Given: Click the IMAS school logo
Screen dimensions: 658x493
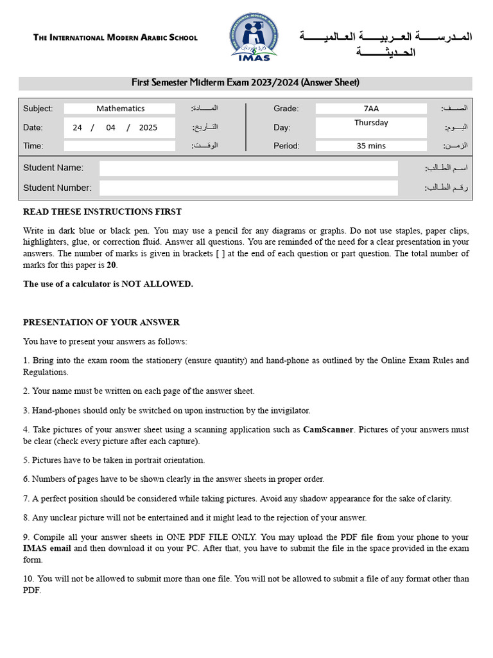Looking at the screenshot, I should click(x=254, y=37).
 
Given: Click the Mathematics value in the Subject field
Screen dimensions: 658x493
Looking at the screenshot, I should click(x=120, y=109).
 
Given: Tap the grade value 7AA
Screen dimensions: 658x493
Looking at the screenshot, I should click(x=371, y=109).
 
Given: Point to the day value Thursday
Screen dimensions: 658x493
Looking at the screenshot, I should click(x=371, y=123).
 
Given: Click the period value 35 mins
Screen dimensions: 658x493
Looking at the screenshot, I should click(x=371, y=146).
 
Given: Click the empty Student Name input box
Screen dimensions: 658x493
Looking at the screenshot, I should click(x=248, y=168).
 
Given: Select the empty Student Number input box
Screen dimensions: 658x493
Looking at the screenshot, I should click(x=248, y=188).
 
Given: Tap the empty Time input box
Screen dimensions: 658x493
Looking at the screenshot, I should click(x=119, y=146).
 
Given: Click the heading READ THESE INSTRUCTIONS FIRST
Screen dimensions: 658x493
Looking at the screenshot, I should click(x=102, y=211).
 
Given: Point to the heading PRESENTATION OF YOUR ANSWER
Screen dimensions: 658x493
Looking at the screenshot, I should click(x=101, y=322).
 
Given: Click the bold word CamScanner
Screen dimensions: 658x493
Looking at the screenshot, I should click(x=327, y=429).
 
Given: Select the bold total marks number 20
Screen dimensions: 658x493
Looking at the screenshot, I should click(x=111, y=265).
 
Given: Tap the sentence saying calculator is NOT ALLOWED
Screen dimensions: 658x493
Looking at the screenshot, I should click(x=108, y=284).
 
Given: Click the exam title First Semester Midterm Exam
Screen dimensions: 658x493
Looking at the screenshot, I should click(x=245, y=82).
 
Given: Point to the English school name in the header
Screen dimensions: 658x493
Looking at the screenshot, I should click(x=116, y=37).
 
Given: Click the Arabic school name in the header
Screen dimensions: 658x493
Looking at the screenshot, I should click(x=385, y=43).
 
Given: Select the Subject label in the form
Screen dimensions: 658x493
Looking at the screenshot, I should click(x=38, y=109).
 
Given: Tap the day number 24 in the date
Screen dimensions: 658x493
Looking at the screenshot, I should click(x=77, y=127).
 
